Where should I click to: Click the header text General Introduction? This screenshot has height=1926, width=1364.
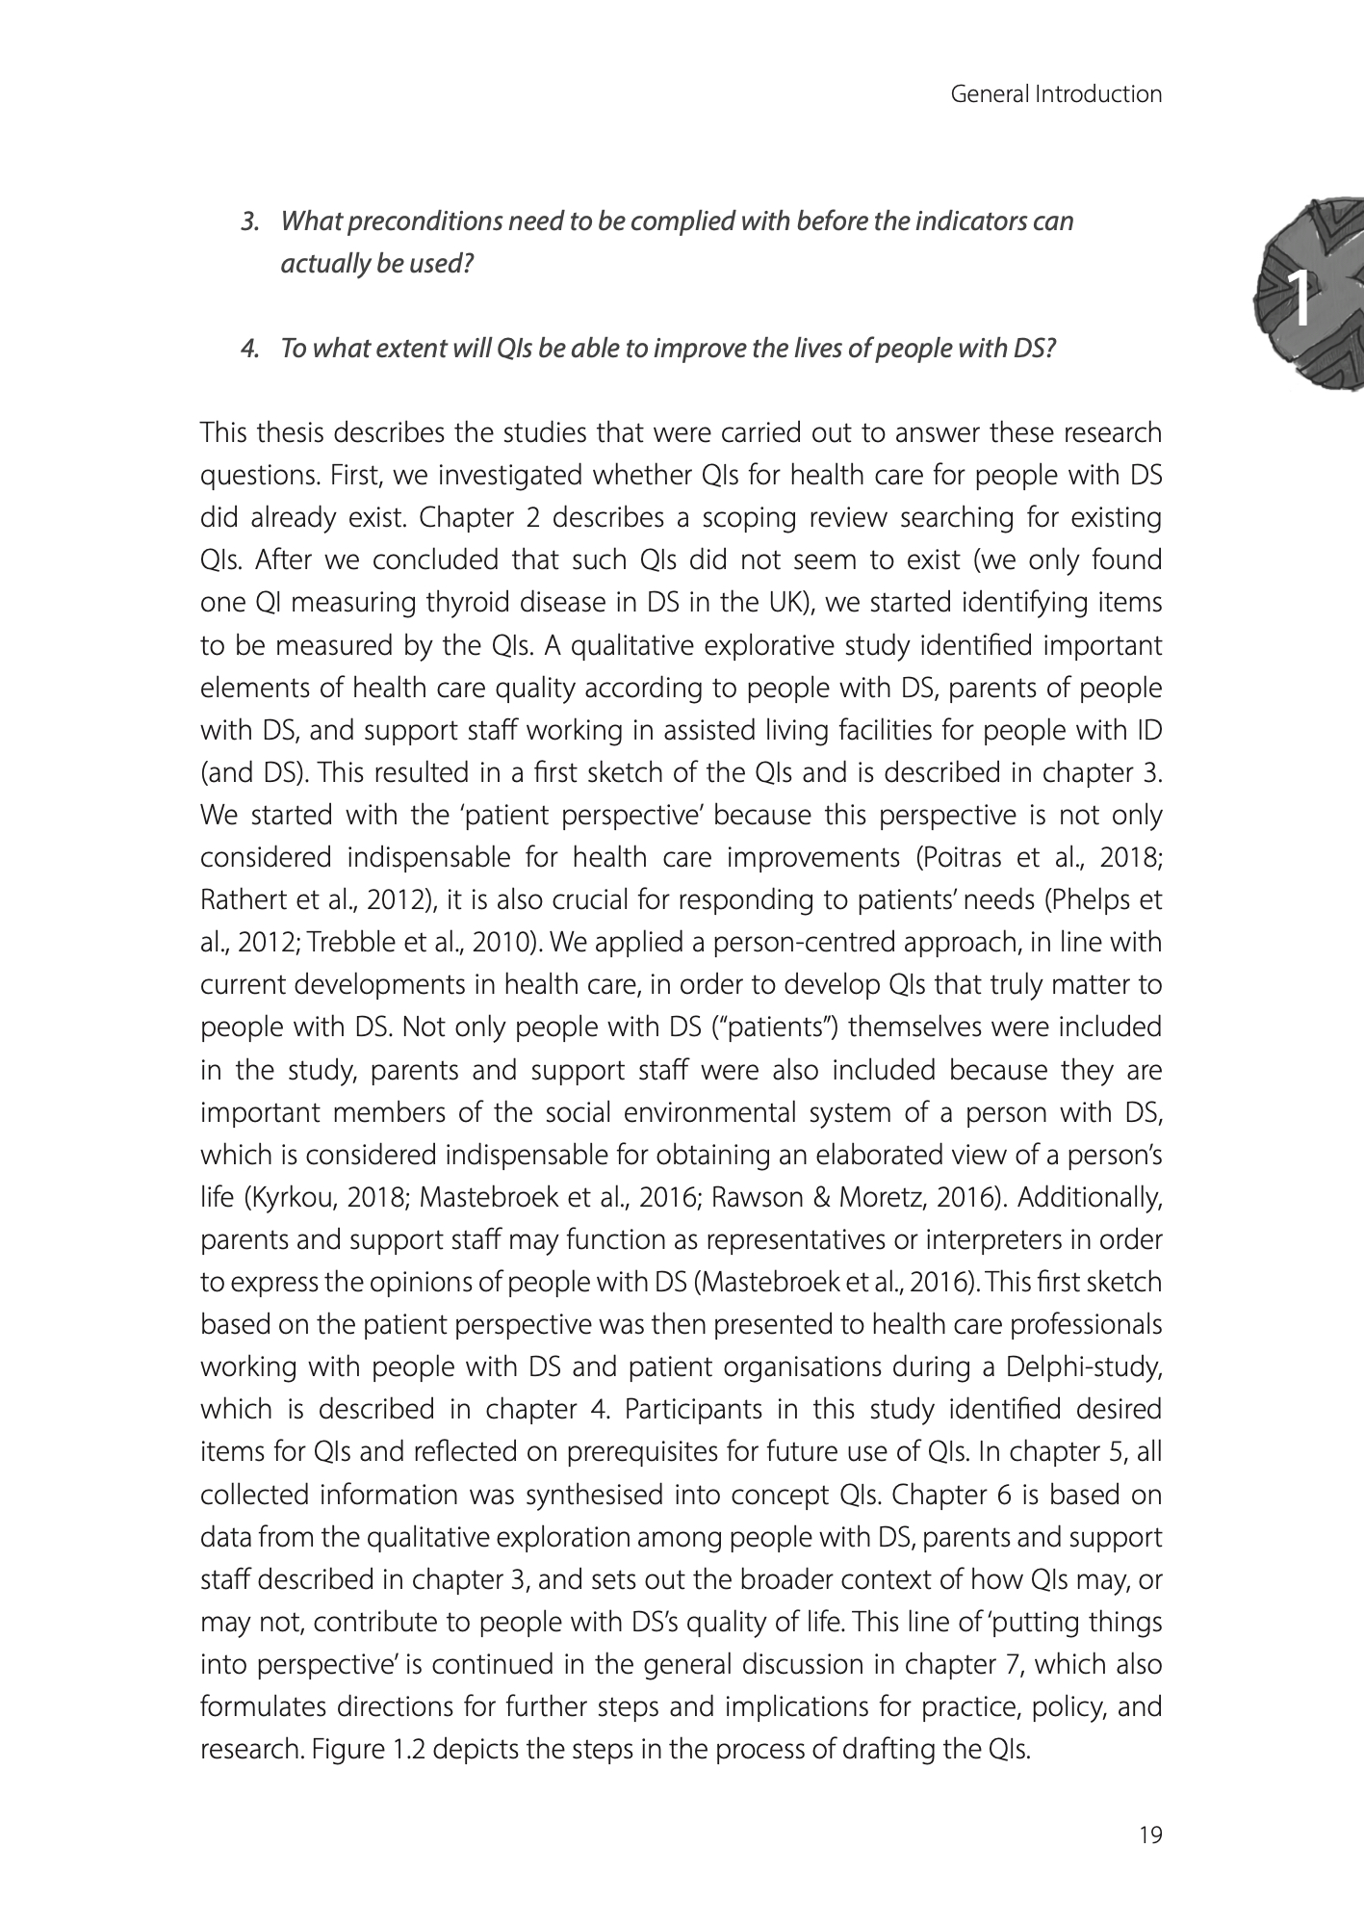click(1056, 94)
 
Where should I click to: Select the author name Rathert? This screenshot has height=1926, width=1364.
click(237, 900)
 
